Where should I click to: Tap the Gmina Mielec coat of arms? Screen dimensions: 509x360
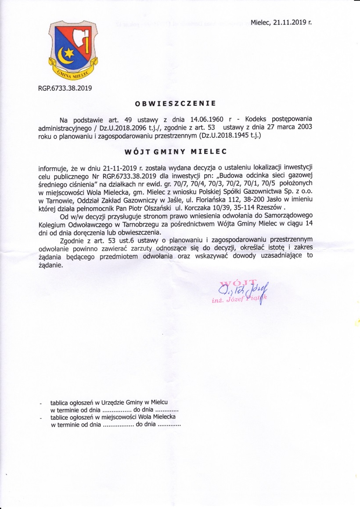[x=72, y=48]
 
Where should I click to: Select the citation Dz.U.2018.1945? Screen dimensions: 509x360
[x=224, y=136]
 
